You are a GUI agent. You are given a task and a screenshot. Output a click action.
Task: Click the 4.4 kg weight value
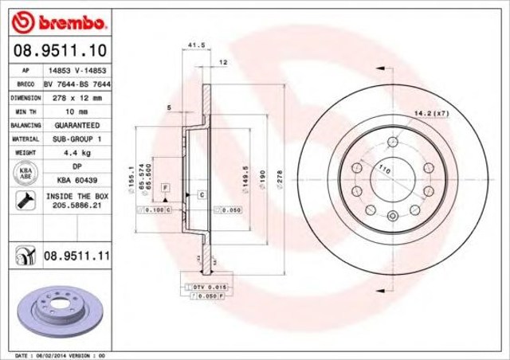tap(76, 152)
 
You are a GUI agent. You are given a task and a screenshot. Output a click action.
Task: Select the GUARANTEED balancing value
tap(76, 125)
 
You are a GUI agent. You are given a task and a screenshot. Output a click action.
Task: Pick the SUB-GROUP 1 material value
tap(76, 139)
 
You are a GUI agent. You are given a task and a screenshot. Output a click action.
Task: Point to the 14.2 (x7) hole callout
tap(431, 114)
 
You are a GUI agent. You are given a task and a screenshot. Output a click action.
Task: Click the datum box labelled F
tap(166, 186)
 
